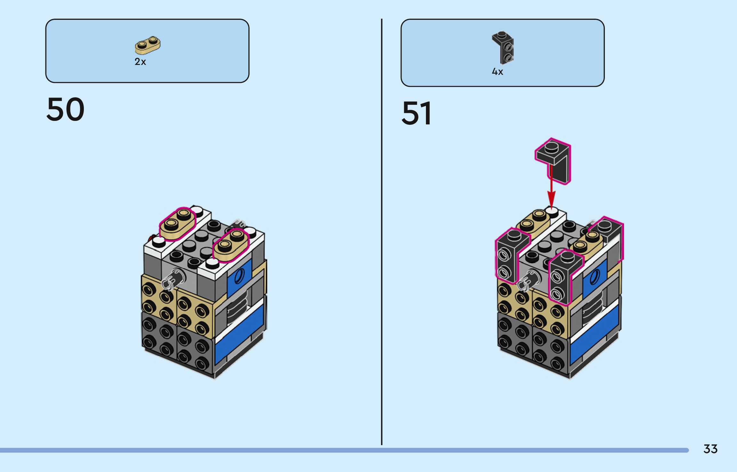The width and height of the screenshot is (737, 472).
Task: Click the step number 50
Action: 66,109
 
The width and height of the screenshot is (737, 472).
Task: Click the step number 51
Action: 416,113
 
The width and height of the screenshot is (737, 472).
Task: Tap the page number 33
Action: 710,449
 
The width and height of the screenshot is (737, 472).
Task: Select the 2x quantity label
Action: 140,62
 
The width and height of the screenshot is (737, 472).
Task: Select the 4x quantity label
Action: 497,72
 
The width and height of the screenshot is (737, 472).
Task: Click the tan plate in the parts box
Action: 148,45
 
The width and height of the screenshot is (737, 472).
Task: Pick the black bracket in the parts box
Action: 503,48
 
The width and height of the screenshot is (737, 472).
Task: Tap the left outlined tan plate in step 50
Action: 178,223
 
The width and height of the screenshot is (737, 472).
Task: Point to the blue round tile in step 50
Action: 239,276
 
